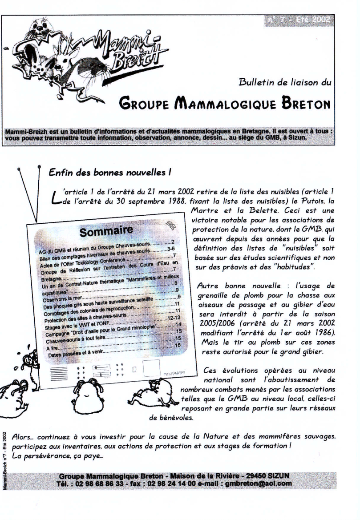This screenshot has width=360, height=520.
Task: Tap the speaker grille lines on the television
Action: [57, 373]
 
